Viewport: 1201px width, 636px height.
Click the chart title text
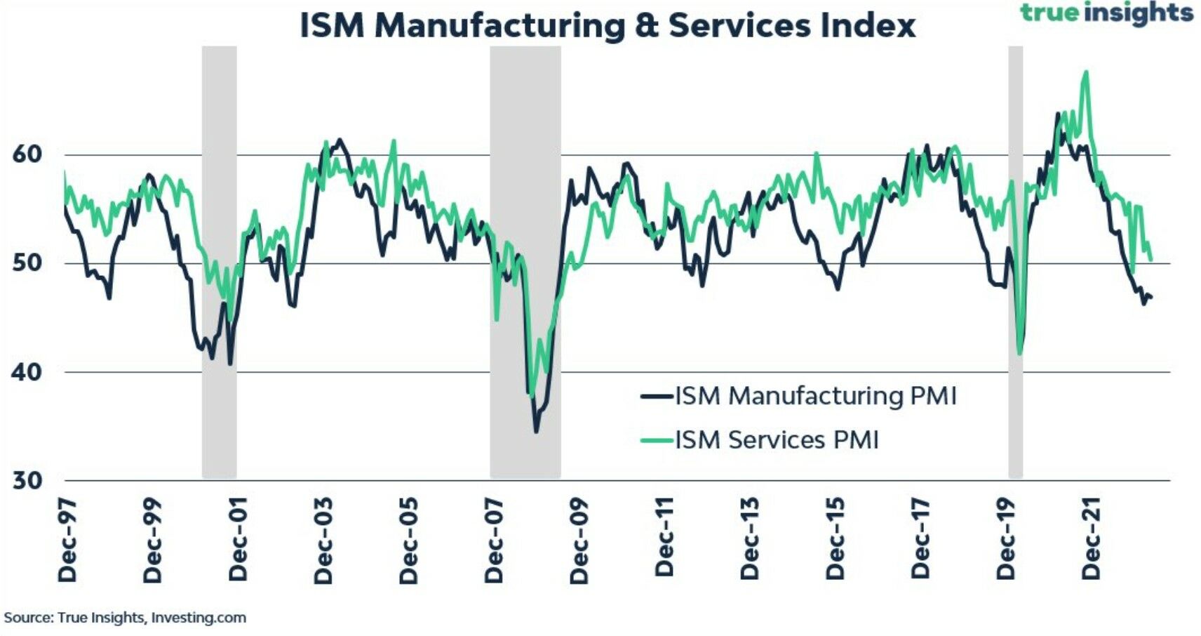(608, 25)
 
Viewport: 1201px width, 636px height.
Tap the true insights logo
(1106, 13)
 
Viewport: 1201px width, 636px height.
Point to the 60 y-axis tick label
(27, 154)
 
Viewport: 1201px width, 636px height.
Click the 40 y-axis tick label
(27, 371)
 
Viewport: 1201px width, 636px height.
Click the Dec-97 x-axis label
(68, 540)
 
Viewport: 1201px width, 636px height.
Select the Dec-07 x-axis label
(495, 540)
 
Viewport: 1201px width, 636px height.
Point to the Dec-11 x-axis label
(665, 537)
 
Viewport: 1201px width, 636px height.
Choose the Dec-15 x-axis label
(836, 538)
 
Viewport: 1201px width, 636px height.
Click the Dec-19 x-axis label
(1006, 538)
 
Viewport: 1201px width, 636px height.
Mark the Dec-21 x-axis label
(1092, 538)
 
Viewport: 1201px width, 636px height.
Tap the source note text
(125, 618)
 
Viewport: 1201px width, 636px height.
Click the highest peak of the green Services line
(1086, 72)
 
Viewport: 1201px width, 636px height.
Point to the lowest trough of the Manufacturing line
(537, 431)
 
